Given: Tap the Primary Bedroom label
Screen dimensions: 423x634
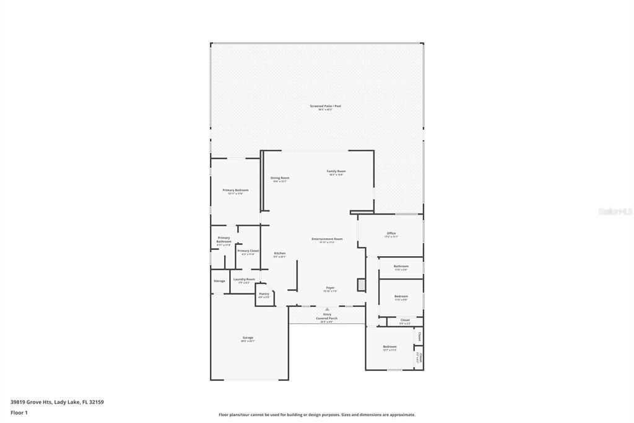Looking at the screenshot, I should (x=235, y=191).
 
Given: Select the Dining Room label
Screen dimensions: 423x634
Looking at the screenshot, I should (x=280, y=179).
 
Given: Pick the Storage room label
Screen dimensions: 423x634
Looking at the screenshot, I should (x=219, y=281).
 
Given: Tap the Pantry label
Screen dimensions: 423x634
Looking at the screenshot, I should (x=264, y=295).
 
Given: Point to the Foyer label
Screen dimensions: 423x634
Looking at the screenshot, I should (x=331, y=288).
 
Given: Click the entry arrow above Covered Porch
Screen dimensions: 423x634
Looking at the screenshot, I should (x=327, y=308).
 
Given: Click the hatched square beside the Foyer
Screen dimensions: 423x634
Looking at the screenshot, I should (x=362, y=285).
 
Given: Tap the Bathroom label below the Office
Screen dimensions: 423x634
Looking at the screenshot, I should (x=401, y=267).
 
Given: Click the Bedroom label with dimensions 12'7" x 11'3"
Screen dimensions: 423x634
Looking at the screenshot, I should (x=389, y=347).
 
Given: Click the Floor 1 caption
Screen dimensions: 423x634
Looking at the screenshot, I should (x=19, y=412).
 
